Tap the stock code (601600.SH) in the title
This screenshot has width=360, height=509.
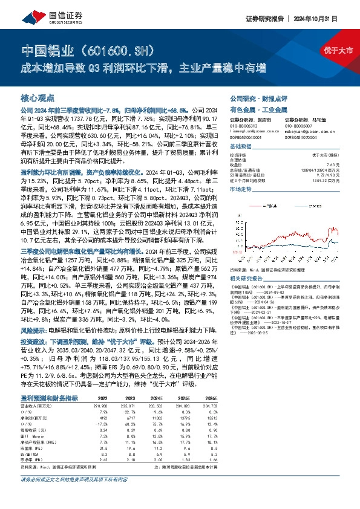pyautogui.click(x=123, y=48)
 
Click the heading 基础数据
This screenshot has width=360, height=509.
pyautogui.click(x=241, y=147)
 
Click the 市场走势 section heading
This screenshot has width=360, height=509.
pyautogui.click(x=241, y=189)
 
